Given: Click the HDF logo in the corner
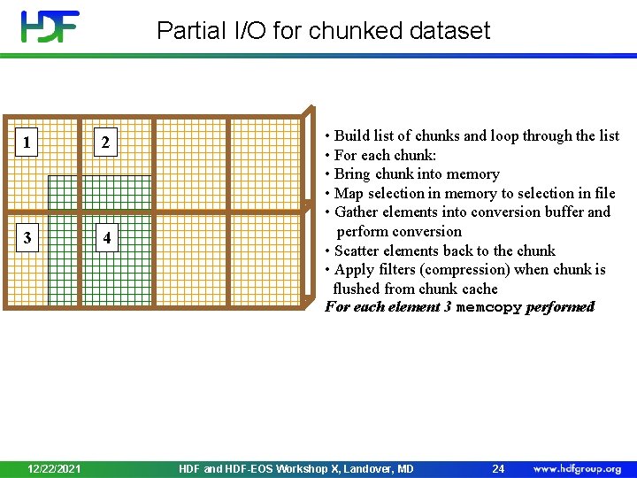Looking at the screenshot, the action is pyautogui.click(x=50, y=27).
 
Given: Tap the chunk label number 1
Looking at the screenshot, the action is pyautogui.click(x=29, y=142).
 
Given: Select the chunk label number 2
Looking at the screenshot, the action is pyautogui.click(x=105, y=142).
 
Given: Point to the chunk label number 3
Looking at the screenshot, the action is pyautogui.click(x=28, y=237).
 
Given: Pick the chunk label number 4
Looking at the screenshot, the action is pyautogui.click(x=106, y=238).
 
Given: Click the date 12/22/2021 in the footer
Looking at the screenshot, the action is pyautogui.click(x=54, y=468).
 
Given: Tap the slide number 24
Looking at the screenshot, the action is pyautogui.click(x=498, y=468).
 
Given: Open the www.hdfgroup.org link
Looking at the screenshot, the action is pyautogui.click(x=577, y=468).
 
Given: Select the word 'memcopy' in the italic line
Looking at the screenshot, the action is pyautogui.click(x=488, y=307).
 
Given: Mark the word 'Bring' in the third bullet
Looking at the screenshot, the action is pyautogui.click(x=354, y=173).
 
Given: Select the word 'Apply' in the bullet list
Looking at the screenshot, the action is pyautogui.click(x=354, y=269).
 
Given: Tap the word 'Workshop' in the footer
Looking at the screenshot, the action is pyautogui.click(x=301, y=468).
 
